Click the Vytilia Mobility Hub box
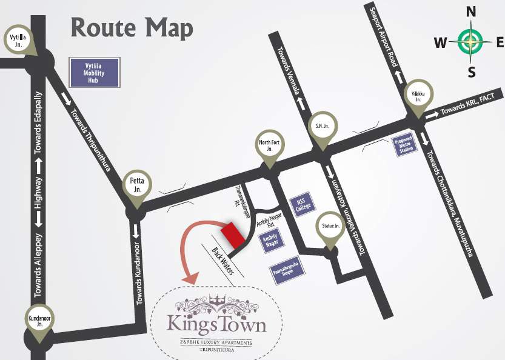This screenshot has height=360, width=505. tap(95, 72)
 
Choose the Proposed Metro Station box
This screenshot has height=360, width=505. tap(404, 144)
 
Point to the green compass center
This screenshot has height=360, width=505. tap(470, 41)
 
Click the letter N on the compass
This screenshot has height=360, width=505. tap(470, 12)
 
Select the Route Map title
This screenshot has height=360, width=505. tap(132, 28)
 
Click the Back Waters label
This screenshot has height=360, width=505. tap(222, 261)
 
